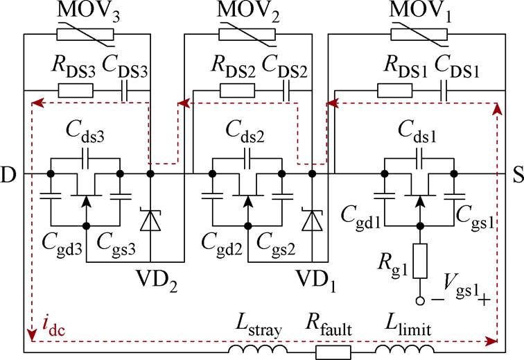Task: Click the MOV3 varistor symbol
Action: [85, 35]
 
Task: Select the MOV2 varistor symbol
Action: [247, 35]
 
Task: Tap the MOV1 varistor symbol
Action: [419, 35]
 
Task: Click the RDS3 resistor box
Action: [76, 90]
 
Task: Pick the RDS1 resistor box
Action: [394, 90]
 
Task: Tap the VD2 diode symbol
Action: [150, 220]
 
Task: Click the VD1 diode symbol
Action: [312, 220]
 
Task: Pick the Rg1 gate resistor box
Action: [420, 261]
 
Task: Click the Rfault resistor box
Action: [333, 352]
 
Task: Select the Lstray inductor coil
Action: [258, 349]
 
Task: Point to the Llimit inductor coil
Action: [405, 349]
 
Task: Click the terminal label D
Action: [8, 175]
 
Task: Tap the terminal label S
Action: [518, 175]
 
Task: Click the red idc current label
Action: [54, 327]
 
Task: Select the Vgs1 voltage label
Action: [461, 292]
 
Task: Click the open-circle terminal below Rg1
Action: [420, 300]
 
